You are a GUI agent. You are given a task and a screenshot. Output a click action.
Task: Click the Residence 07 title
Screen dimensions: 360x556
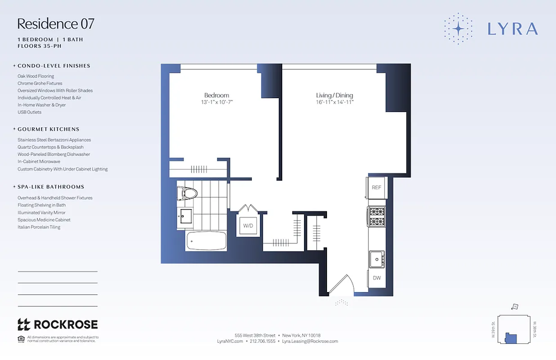click(56, 24)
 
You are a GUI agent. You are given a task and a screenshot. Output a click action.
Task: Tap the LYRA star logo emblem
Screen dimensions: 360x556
click(458, 28)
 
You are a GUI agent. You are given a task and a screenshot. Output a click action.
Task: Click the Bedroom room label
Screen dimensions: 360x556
click(216, 95)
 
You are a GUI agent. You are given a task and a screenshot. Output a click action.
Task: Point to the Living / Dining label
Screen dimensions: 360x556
click(334, 95)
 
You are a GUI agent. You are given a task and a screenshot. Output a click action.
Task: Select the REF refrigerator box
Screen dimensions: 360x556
click(377, 188)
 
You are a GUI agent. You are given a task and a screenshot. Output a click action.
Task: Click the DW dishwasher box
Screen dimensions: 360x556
click(377, 278)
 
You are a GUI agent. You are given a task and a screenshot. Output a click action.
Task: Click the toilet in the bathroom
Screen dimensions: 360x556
click(188, 194)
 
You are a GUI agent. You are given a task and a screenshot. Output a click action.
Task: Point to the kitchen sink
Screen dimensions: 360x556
click(376, 259)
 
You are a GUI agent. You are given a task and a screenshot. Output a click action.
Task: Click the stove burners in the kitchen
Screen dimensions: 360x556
click(377, 216)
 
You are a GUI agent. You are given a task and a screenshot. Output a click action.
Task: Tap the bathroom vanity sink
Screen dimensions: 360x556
click(184, 217)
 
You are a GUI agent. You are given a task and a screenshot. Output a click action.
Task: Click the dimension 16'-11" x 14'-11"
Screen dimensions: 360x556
click(334, 103)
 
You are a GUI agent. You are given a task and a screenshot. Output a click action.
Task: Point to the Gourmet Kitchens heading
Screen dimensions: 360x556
click(48, 129)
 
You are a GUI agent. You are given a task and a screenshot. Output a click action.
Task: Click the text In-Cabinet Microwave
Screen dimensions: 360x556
click(39, 162)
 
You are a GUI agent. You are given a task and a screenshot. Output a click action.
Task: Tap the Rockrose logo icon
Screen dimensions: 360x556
click(23, 324)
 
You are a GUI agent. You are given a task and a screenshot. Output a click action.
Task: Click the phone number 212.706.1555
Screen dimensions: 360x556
click(262, 341)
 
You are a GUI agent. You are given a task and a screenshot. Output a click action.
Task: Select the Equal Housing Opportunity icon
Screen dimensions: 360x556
click(21, 338)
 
